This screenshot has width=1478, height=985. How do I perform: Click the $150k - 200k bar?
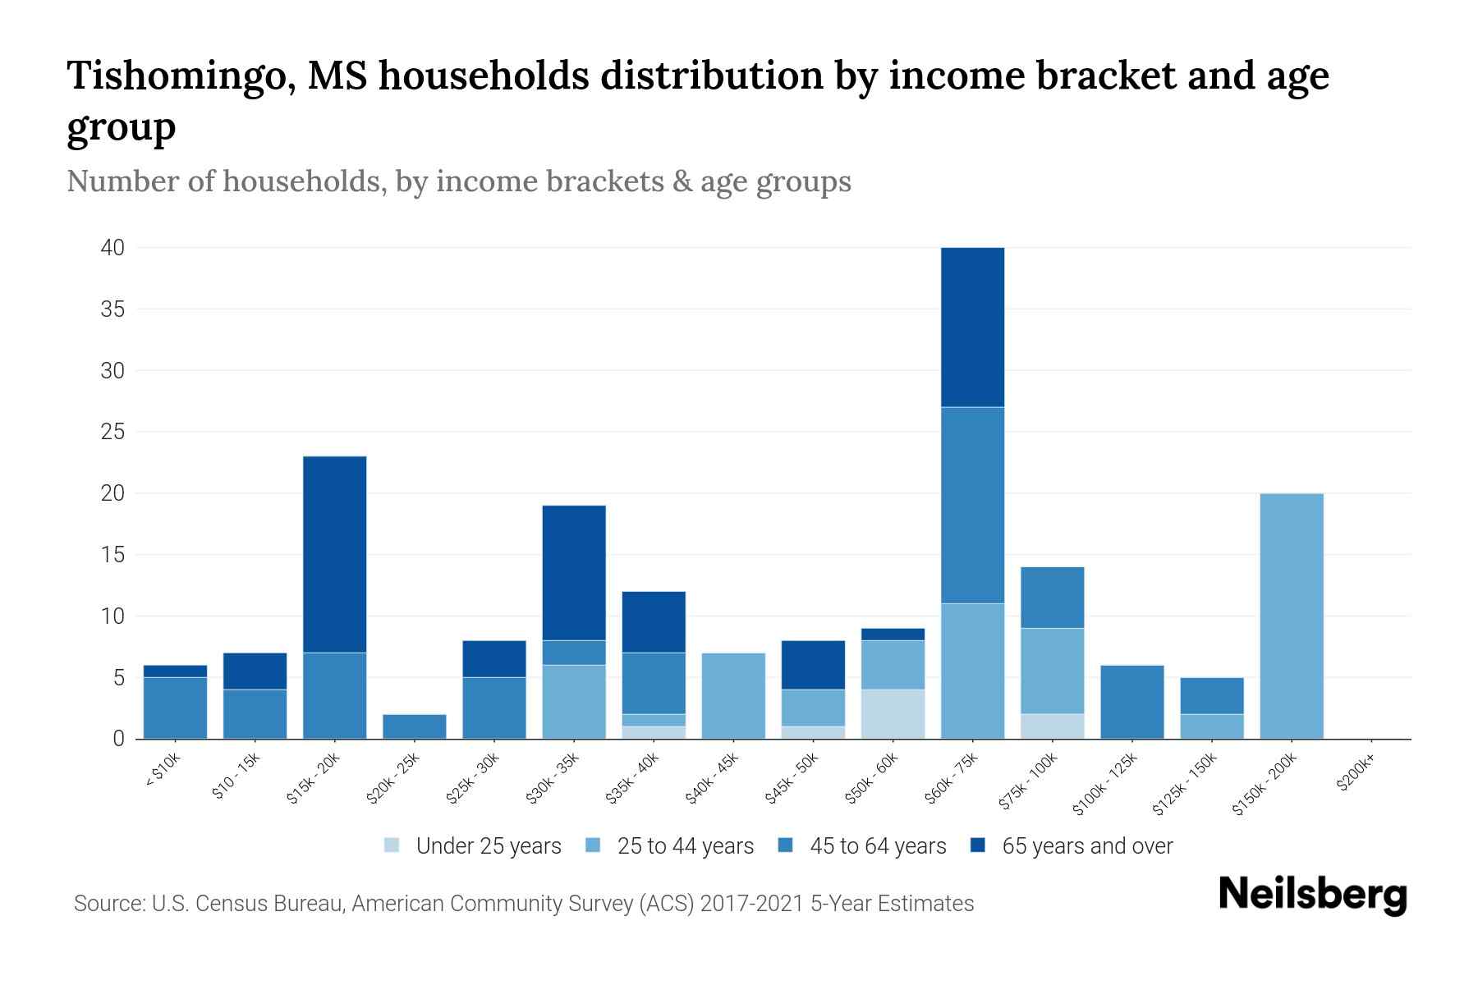1292,616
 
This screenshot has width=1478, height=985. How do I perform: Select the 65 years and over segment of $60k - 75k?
972,327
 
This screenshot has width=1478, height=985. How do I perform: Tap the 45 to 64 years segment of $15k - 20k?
334,695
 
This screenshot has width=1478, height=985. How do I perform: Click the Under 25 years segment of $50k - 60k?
893,714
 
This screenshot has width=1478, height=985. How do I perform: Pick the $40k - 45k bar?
733,695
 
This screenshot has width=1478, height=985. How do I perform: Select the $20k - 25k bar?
414,726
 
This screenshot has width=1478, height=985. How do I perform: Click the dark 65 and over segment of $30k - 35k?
574,572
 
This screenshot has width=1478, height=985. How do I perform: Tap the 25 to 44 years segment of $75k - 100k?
1052,671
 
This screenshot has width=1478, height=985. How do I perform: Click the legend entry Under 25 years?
488,846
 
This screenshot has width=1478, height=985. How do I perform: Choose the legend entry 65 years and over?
1086,846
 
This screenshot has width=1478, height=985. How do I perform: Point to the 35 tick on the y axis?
112,309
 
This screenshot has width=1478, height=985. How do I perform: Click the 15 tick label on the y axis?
112,555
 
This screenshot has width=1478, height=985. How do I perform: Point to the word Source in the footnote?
107,904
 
